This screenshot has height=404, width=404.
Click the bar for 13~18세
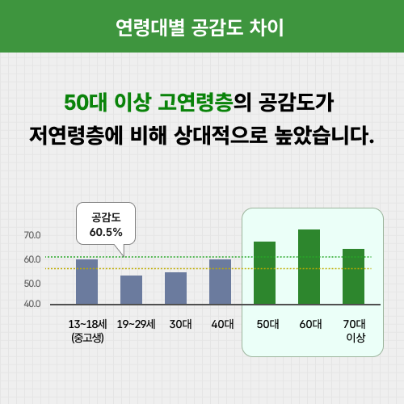point(86,282)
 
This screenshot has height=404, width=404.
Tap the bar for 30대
point(175,288)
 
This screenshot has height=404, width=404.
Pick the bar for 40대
point(220,282)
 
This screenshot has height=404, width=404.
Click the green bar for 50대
point(264,273)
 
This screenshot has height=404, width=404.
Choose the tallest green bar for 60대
point(309,267)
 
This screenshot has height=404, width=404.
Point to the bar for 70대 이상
point(353,276)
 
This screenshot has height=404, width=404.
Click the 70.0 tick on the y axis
point(32,235)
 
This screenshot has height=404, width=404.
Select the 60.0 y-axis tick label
point(32,259)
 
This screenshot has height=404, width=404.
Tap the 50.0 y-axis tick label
point(32,284)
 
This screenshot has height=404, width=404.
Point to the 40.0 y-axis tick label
point(32,304)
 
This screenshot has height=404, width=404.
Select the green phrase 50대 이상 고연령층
point(148,103)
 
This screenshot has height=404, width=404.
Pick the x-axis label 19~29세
point(131,325)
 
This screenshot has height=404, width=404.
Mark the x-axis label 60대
point(309,325)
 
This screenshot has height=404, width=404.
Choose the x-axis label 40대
point(221,325)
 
